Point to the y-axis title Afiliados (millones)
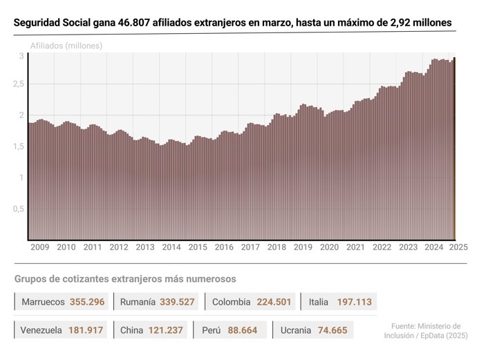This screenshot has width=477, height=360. (66, 46)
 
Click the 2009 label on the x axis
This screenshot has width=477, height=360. (39, 247)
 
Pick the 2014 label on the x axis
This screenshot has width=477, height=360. (171, 247)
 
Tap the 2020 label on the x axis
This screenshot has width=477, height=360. (330, 247)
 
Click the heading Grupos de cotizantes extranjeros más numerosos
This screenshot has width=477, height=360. (125, 278)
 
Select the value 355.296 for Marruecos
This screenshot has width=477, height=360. (87, 302)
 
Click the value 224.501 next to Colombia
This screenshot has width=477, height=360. (270, 302)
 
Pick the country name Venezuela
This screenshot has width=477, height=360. (41, 330)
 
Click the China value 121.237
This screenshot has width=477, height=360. (166, 330)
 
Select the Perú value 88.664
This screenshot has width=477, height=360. (242, 330)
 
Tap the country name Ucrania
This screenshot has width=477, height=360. (296, 330)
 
